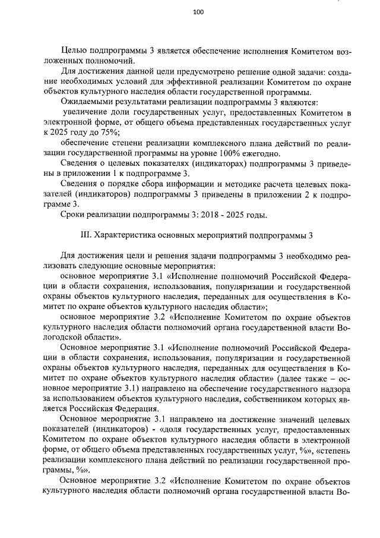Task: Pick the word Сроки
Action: coord(74,214)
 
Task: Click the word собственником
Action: coord(264,398)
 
